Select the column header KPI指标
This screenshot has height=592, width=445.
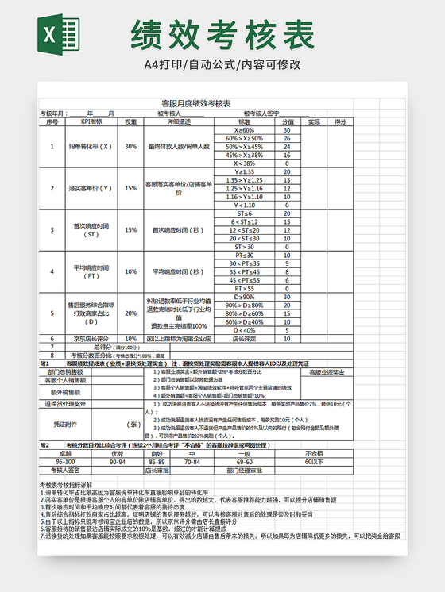[x=91, y=121]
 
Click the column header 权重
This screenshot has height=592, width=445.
[x=130, y=121]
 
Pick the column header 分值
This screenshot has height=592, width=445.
[x=287, y=121]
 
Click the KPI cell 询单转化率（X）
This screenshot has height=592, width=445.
[x=91, y=146]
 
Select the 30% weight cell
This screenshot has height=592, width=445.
[x=130, y=146]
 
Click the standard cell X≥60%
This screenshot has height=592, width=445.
[x=244, y=129]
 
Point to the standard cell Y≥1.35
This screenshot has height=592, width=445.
[x=244, y=171]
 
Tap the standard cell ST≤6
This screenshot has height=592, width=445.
[x=244, y=213]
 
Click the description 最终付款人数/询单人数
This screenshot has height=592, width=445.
[x=179, y=146]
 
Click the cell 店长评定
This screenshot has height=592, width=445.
[x=244, y=338]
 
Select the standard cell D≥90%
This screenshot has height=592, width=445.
[x=244, y=297]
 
